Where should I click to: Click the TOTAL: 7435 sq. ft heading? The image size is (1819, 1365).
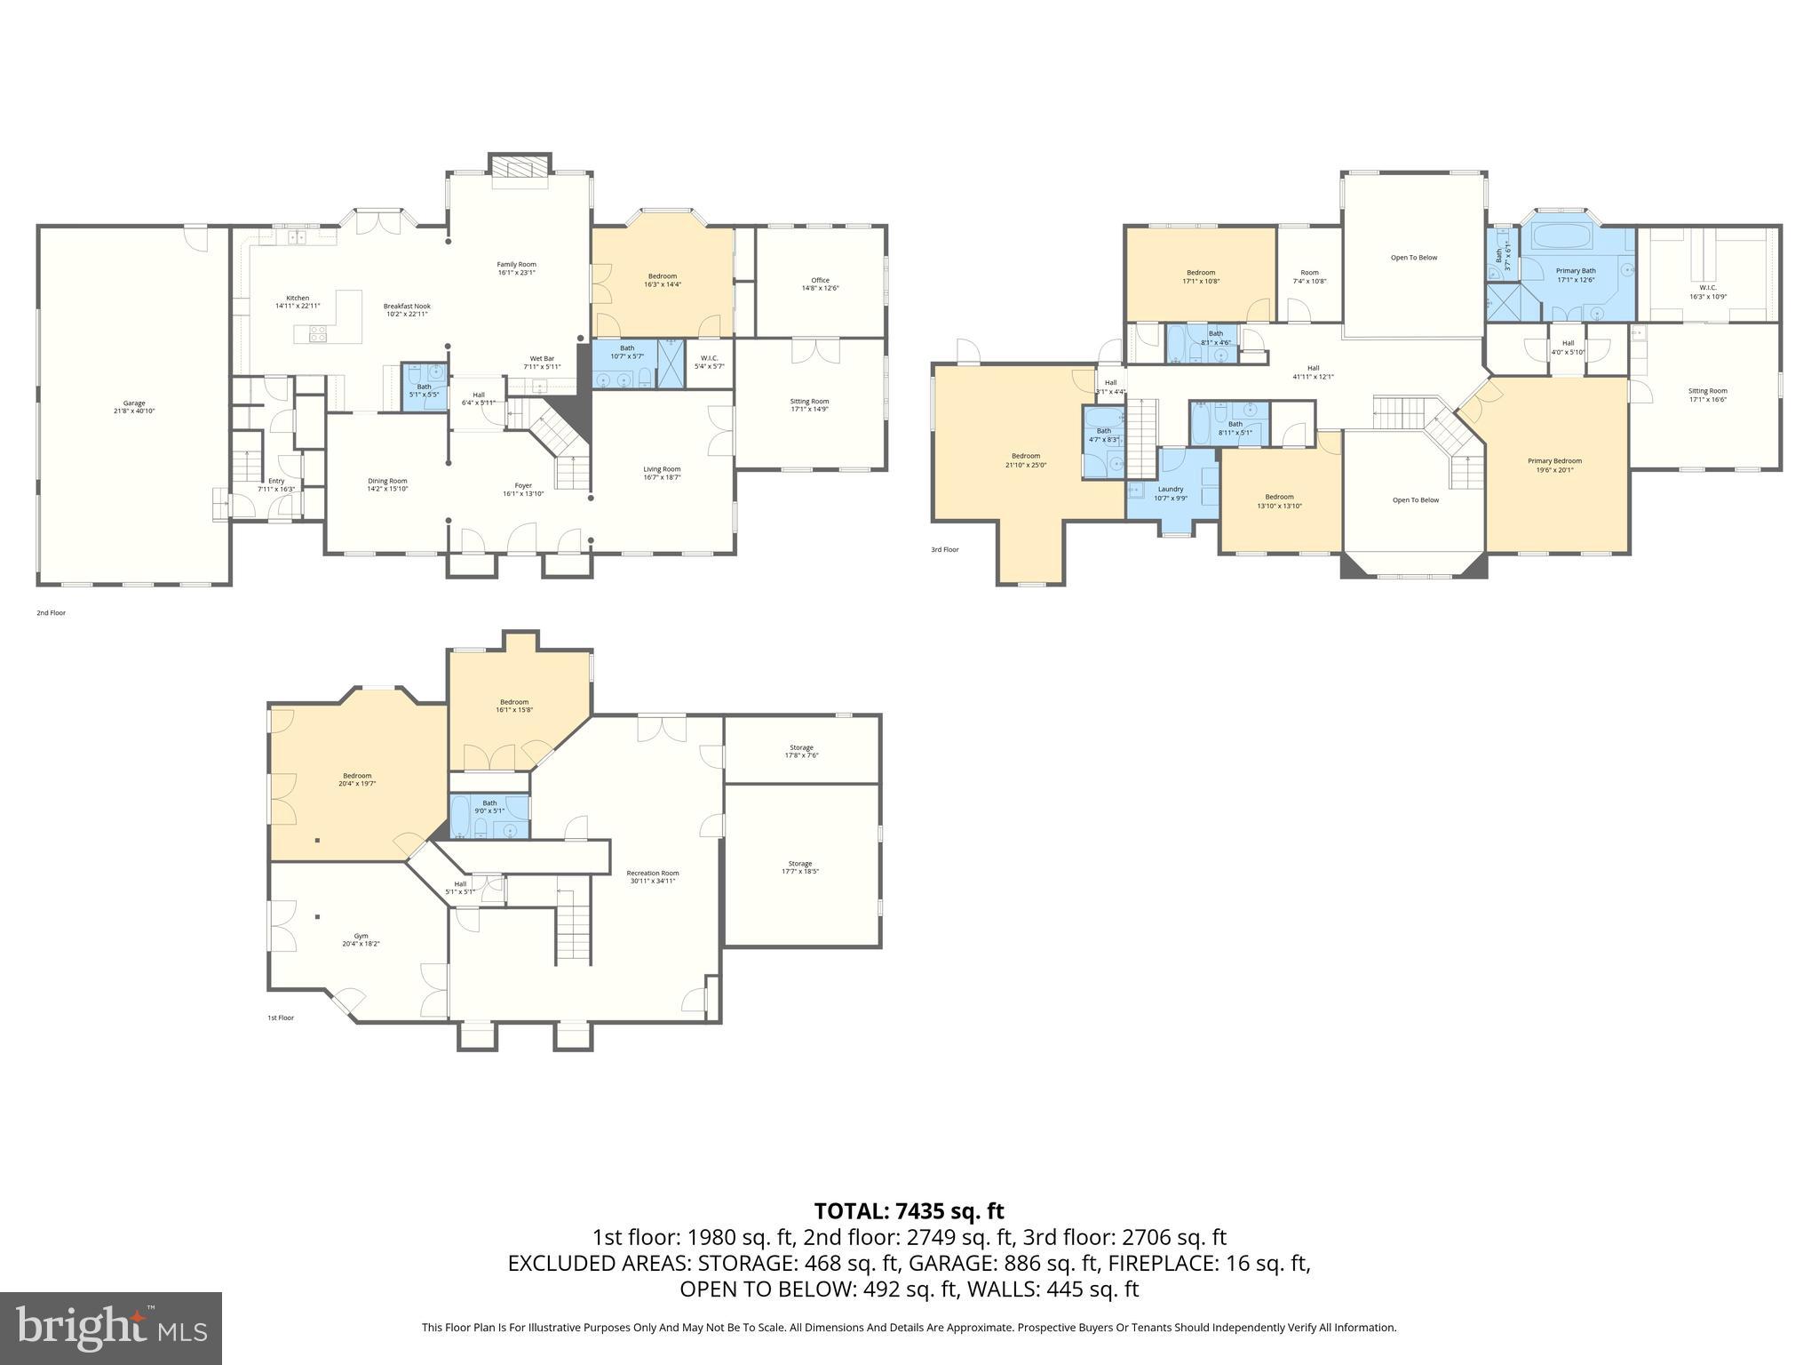point(909,1210)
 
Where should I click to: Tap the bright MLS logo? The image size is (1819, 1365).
point(111,1329)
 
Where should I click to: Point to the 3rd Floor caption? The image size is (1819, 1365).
point(944,549)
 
